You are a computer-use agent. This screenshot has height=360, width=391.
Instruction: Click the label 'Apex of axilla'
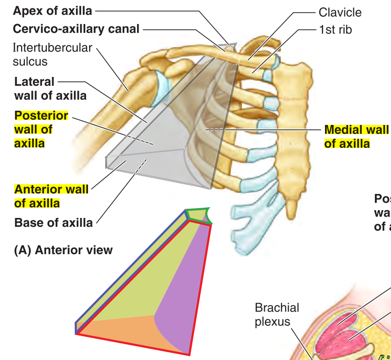(52, 11)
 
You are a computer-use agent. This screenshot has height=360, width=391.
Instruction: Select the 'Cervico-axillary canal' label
(76, 29)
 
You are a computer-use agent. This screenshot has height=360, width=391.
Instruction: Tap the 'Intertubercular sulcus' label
(52, 54)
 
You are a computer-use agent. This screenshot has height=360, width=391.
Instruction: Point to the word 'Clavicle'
(340, 12)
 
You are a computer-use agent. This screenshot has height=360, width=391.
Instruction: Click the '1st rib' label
(335, 29)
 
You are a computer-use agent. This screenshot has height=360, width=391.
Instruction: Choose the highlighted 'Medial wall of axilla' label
(356, 137)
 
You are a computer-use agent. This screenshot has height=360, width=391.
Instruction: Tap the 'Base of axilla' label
(53, 223)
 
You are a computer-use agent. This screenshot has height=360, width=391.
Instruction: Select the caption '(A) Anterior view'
(64, 250)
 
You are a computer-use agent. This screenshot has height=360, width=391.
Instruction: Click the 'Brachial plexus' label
(276, 314)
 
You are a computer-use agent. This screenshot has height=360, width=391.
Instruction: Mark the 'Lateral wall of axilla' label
(50, 89)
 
